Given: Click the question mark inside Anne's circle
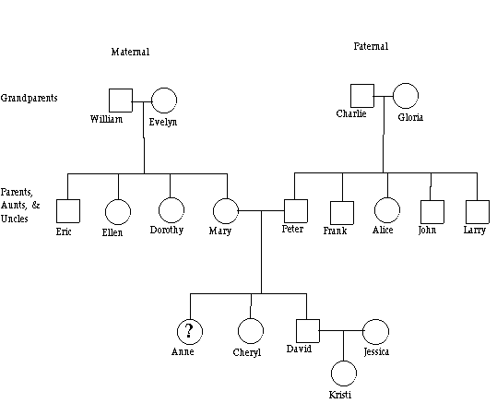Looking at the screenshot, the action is point(189,331).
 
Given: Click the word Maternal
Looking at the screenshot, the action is point(130,52).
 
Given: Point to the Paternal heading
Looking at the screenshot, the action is point(371,46).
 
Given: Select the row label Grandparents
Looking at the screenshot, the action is point(30,98).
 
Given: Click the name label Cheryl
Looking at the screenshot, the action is point(247,352).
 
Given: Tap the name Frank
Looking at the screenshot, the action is point(335,231).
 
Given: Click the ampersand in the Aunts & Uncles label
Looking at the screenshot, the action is point(36,205).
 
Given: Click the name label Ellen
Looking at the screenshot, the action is point(112,232).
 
